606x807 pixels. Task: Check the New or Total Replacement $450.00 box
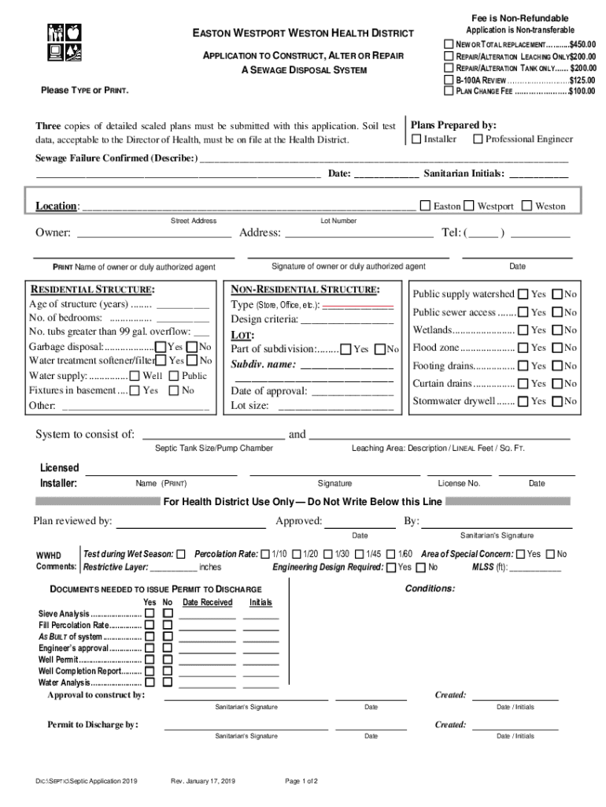(449, 43)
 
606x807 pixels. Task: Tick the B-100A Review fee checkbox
(449, 80)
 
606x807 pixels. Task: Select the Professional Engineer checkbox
(477, 139)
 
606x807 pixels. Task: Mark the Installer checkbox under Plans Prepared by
(416, 139)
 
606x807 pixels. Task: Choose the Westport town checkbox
(469, 206)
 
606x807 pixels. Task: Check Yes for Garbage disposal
(161, 347)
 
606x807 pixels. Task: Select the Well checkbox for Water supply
(135, 376)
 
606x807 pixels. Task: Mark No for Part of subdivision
(380, 349)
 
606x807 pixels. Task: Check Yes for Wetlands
(523, 330)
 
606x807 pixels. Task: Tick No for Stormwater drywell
(557, 401)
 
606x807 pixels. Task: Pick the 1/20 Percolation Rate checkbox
(296, 554)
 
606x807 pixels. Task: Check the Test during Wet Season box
(181, 554)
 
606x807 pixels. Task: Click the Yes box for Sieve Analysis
(150, 613)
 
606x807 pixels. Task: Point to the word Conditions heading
(430, 589)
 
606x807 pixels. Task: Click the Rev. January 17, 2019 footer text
(203, 781)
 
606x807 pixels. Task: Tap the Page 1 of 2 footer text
(301, 781)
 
